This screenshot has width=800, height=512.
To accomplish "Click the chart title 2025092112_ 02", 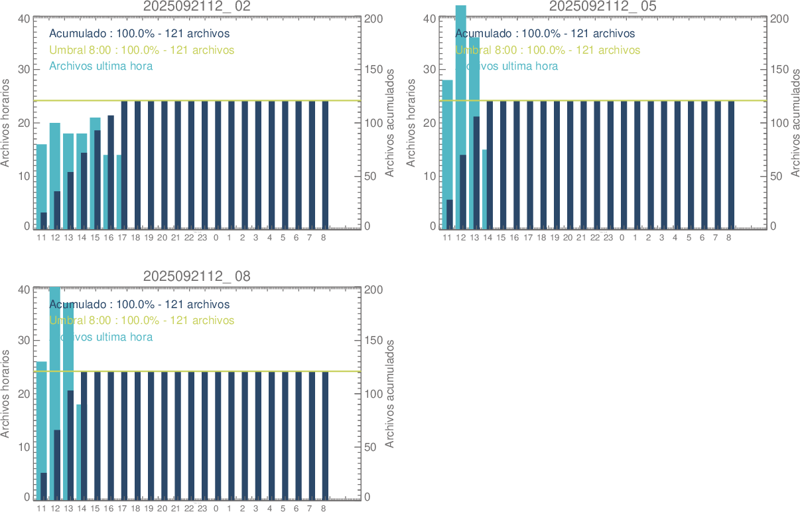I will [x=197, y=7].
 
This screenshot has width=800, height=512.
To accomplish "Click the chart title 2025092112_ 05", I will [x=603, y=7].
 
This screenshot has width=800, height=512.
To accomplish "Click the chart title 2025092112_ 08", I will [x=197, y=276].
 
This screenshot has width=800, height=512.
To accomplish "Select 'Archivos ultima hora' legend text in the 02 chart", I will [x=101, y=66].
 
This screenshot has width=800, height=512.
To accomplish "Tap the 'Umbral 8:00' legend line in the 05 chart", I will [x=547, y=50].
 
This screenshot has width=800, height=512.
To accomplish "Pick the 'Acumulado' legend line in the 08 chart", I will [x=139, y=305].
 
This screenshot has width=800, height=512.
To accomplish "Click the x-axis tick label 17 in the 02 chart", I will [x=122, y=238].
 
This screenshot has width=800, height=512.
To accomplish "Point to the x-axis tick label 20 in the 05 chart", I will [x=568, y=238].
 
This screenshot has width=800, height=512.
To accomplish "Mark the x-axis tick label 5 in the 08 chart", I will [x=283, y=509].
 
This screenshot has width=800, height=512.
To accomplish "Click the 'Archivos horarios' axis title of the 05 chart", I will [x=411, y=122].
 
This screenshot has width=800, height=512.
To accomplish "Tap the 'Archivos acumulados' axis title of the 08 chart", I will [x=390, y=393].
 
